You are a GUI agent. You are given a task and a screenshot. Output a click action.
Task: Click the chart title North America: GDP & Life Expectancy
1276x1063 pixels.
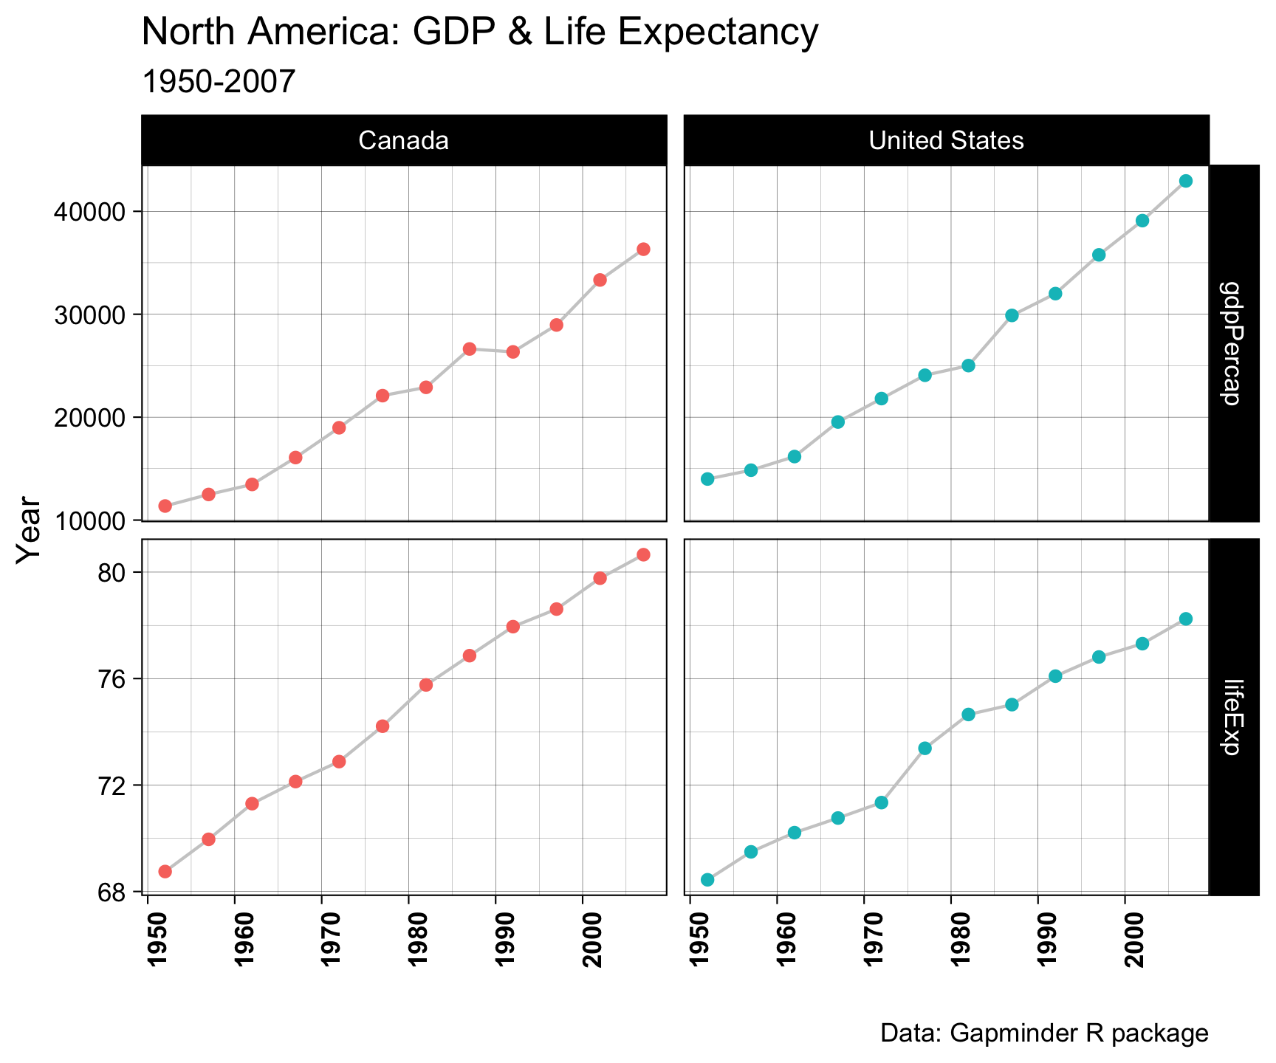click(x=479, y=33)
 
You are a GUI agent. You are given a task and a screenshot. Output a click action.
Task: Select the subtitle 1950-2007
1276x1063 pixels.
click(x=218, y=81)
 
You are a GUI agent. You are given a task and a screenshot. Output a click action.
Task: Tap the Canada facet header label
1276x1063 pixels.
click(x=403, y=140)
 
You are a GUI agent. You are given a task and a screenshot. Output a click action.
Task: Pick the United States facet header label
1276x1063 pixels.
click(x=946, y=140)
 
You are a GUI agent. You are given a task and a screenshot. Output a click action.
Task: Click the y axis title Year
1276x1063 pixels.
click(x=30, y=530)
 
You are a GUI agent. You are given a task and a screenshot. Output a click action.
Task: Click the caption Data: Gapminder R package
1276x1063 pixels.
click(x=1044, y=1033)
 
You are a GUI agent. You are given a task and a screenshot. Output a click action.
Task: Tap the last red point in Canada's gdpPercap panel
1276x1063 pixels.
click(x=643, y=250)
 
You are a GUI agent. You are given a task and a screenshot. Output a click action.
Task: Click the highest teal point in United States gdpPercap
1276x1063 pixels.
click(x=1186, y=181)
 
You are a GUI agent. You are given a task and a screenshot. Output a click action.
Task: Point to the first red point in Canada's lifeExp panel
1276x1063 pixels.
click(x=165, y=871)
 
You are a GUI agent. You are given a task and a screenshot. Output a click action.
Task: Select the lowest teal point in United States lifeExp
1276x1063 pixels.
click(x=707, y=879)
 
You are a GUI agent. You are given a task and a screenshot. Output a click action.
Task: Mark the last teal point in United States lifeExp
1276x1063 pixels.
click(x=1186, y=619)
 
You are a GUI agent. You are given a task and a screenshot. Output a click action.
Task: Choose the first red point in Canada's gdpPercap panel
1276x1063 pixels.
click(x=165, y=506)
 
